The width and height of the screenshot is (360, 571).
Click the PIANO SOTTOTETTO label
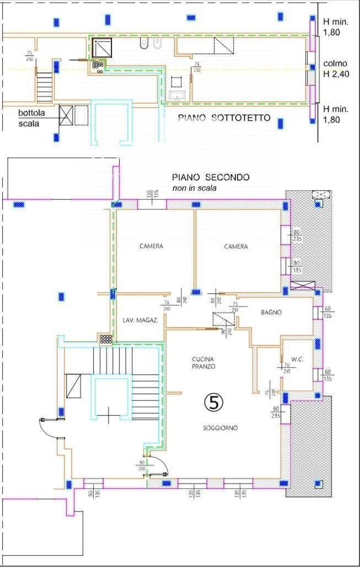click(x=224, y=118)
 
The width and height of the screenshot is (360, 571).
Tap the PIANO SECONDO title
click(x=210, y=177)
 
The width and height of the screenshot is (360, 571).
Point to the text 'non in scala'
click(x=194, y=188)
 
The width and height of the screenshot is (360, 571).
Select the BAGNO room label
click(x=271, y=313)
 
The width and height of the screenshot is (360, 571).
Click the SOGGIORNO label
click(x=220, y=428)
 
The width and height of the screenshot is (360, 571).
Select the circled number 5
click(x=214, y=402)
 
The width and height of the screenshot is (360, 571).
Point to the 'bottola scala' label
click(x=28, y=118)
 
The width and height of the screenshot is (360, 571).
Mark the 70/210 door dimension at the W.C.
click(x=287, y=368)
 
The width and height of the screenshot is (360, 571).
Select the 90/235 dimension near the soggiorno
click(x=276, y=412)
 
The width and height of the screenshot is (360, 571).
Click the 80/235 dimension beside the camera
click(x=297, y=235)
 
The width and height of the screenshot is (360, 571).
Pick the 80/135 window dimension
click(x=297, y=267)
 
